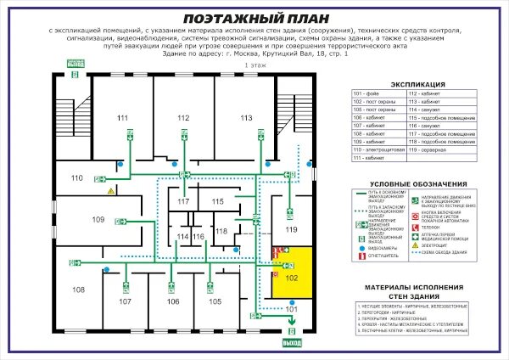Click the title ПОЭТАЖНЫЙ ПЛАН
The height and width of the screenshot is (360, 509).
coord(254,18)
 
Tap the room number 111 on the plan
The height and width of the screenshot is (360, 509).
coord(123,117)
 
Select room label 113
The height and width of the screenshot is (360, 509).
coord(246,117)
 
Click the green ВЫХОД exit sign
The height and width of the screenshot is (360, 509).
coord(292,343)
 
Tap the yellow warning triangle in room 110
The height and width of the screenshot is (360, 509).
coord(110,192)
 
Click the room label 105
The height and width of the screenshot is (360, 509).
coord(215,301)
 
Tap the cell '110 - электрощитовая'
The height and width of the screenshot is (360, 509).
coord(379,149)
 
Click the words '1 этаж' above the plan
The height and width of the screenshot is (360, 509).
coord(254,65)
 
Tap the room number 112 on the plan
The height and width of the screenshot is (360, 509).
coord(183,117)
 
